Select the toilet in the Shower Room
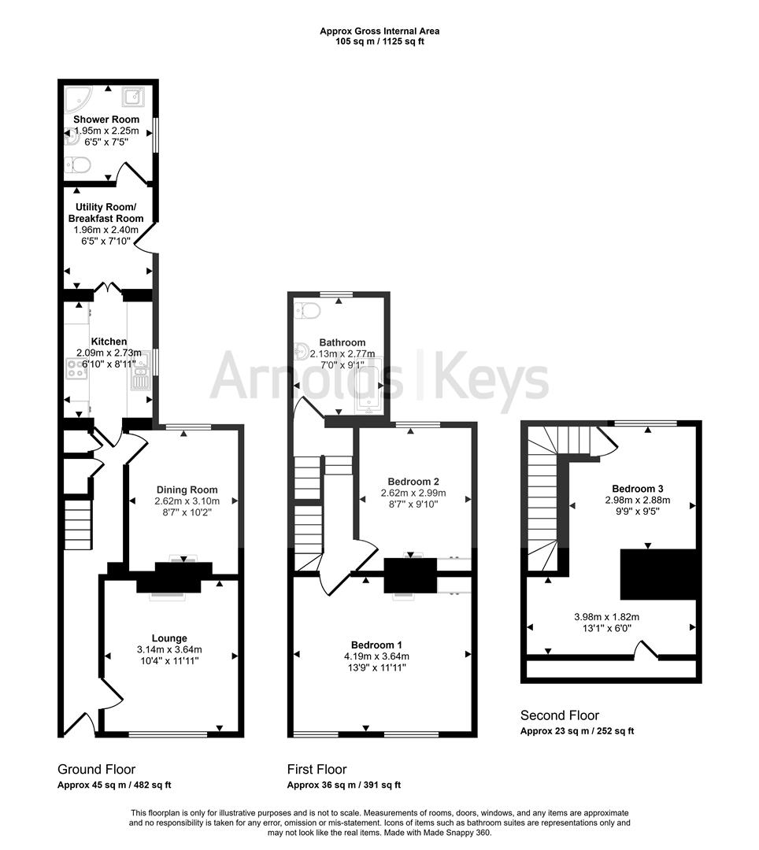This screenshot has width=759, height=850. click(79, 165)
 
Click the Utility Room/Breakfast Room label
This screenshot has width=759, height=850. click(106, 213)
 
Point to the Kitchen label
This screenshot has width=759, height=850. click(109, 342)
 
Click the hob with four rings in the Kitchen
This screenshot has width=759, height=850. click(77, 369)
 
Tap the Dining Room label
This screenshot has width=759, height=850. click(187, 490)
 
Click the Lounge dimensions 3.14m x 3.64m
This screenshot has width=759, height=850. click(169, 649)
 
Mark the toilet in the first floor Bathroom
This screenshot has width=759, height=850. click(309, 312)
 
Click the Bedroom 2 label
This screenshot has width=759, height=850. click(413, 482)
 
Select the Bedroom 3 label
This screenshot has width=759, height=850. click(637, 487)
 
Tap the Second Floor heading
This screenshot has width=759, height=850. click(559, 715)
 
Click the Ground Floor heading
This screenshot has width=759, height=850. click(96, 769)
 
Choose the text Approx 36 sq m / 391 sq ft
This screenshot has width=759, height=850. click(343, 785)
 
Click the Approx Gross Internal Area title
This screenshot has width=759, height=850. click(379, 31)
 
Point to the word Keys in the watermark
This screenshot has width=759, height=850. click(492, 377)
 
